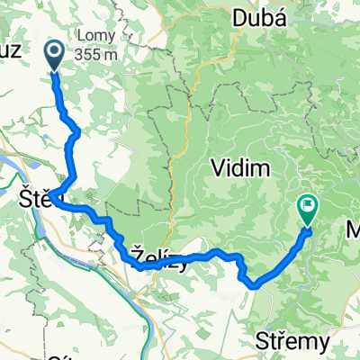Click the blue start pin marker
[54, 55]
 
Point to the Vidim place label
[238, 166]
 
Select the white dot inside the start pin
[54, 52]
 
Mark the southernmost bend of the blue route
[256, 285]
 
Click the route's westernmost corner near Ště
[55, 197]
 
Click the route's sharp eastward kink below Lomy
[77, 132]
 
